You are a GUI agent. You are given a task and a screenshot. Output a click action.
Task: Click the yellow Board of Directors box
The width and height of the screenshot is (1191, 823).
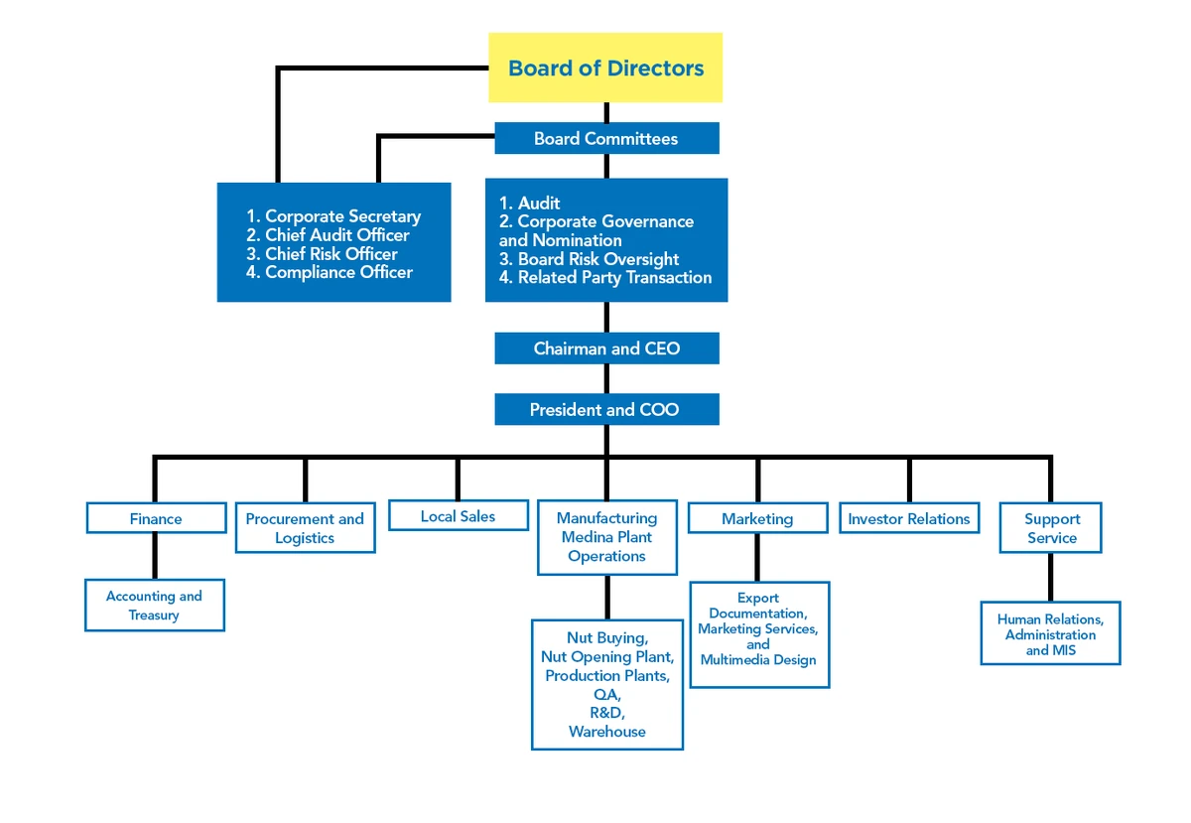pos(605,68)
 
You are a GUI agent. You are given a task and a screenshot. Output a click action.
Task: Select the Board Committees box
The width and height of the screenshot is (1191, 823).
pos(606,139)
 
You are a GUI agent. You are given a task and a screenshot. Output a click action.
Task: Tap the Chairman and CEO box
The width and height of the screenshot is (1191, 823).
pos(606,348)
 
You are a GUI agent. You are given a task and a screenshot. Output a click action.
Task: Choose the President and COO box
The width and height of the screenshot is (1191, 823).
pos(605,410)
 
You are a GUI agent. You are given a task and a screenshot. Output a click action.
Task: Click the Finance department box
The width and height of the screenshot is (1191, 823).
pos(156,518)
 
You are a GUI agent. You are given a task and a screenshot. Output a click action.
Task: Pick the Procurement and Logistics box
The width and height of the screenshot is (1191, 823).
pos(305,528)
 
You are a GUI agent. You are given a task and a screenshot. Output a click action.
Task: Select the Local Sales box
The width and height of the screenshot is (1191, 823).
pos(458,516)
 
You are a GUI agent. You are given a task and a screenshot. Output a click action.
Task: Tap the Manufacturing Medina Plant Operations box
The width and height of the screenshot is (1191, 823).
pos(606,537)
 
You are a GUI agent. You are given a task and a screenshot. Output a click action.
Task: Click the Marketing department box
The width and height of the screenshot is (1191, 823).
pos(757,518)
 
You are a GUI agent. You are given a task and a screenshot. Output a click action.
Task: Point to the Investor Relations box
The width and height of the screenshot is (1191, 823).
pos(908,518)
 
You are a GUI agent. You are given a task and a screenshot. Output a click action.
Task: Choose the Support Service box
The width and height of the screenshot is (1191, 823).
pos(1051,528)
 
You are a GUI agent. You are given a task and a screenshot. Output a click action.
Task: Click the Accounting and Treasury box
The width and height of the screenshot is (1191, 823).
pos(154,606)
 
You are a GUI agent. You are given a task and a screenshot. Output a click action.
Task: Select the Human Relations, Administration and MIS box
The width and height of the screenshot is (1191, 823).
pos(1050,634)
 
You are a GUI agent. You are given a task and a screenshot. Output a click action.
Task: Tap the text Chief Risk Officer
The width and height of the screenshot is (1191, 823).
pos(331,253)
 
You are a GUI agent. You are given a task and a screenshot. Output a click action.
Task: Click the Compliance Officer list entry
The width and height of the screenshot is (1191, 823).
pos(337,272)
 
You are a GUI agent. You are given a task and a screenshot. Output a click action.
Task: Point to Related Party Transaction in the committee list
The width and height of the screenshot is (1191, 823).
pos(613,278)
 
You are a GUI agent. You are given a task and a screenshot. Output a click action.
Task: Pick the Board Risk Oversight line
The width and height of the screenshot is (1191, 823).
pos(597,259)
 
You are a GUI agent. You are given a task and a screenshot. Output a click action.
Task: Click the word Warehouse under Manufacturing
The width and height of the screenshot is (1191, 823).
pos(606,732)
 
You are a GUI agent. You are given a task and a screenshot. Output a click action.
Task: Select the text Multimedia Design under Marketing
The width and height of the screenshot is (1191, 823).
pos(758,660)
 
